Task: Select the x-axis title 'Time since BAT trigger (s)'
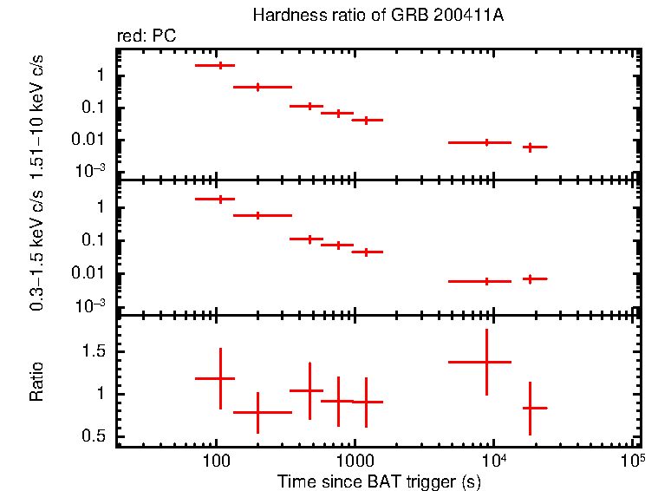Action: click(x=379, y=480)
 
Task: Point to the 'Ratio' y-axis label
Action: click(x=37, y=381)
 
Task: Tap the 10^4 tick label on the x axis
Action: click(x=492, y=457)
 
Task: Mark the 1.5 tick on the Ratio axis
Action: click(x=96, y=351)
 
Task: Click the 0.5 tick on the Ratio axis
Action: click(x=96, y=435)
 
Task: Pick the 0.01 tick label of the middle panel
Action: click(x=94, y=273)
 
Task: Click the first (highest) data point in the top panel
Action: click(x=220, y=65)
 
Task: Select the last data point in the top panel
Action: click(x=529, y=147)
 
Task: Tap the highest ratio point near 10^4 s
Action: click(x=486, y=362)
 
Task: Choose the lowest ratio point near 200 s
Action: click(x=257, y=413)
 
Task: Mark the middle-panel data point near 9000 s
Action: click(x=486, y=281)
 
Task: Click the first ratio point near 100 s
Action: click(x=220, y=378)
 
